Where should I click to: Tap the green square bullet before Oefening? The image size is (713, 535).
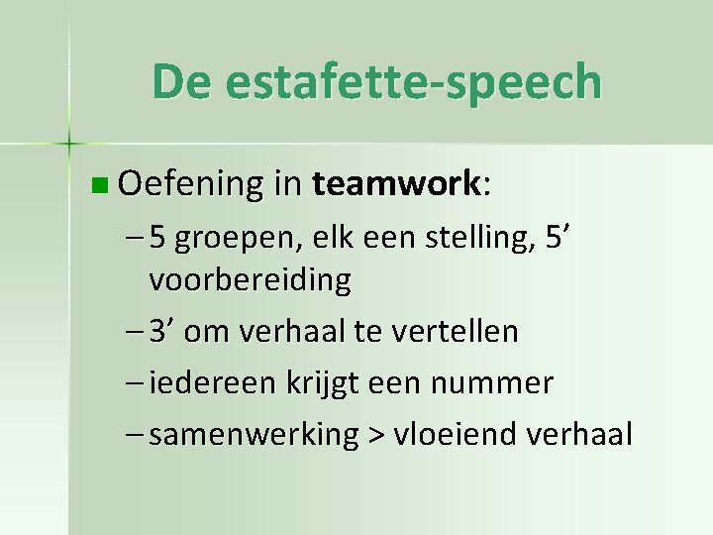click(95, 184)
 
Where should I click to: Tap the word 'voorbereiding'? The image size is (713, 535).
click(250, 280)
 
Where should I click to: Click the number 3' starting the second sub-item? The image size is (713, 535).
click(162, 331)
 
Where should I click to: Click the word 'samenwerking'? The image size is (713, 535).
click(254, 435)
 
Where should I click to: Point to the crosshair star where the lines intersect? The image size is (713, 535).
click(69, 144)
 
